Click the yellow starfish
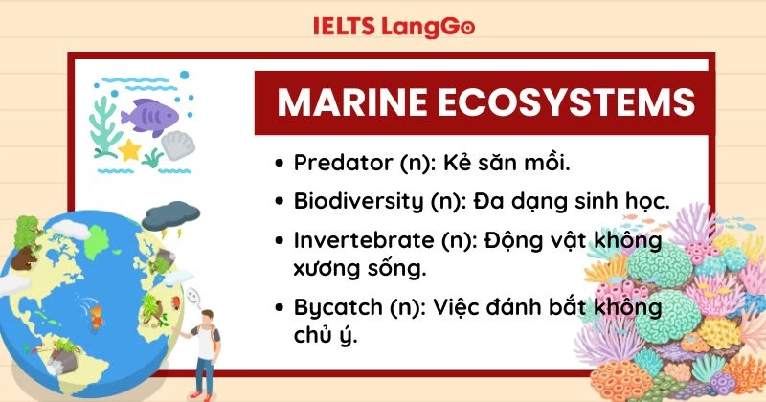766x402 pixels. click(x=129, y=150)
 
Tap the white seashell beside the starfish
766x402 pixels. click(x=176, y=146)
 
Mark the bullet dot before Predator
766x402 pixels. click(x=279, y=164)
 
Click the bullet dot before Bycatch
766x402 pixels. click(x=279, y=309)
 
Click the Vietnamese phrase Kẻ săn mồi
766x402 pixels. click(x=517, y=163)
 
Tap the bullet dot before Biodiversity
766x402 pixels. click(x=279, y=203)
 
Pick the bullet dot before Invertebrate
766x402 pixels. click(x=279, y=242)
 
